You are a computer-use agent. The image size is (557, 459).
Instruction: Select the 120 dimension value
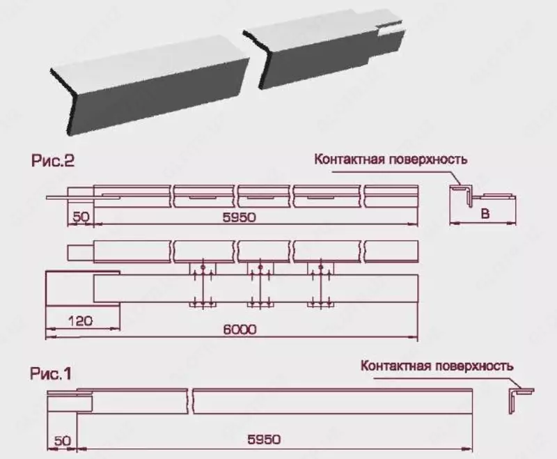(x=83, y=321)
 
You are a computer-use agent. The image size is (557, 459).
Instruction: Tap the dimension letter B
(x=486, y=215)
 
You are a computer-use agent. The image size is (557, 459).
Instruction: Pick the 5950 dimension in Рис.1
(x=264, y=439)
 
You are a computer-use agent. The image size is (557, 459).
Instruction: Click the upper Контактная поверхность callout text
(x=391, y=159)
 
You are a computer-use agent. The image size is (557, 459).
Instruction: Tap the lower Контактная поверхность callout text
(x=437, y=364)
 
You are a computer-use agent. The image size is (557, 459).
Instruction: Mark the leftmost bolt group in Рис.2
(x=201, y=286)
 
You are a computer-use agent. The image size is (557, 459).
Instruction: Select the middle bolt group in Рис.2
(x=260, y=286)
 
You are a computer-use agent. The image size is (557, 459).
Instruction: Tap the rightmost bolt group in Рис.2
(x=320, y=286)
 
